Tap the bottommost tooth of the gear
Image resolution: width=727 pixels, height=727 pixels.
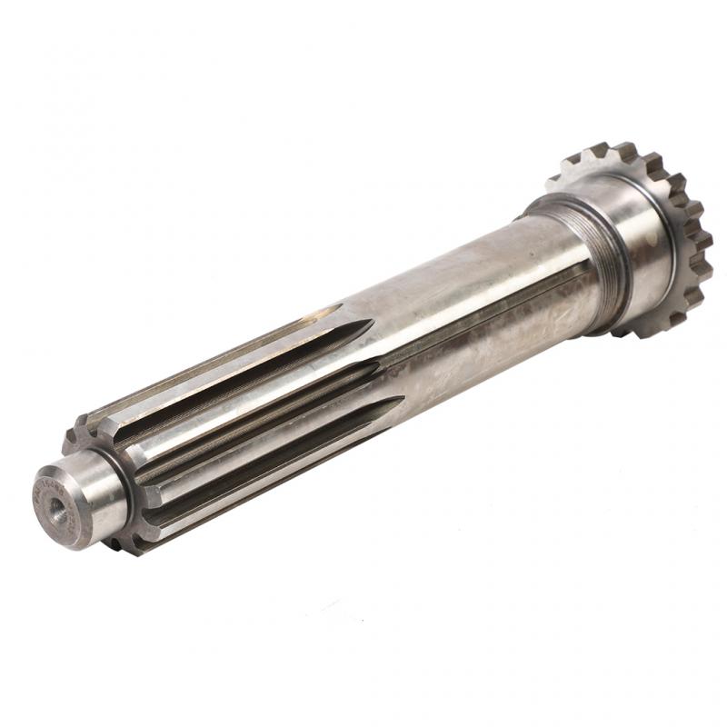pos(654,332)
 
